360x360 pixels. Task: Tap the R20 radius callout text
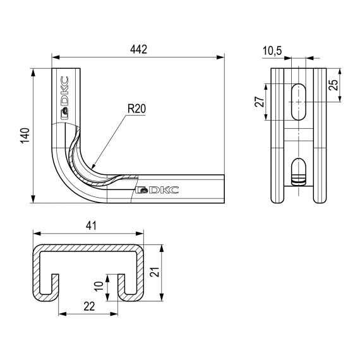point(136,109)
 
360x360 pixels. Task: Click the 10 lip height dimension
point(99,285)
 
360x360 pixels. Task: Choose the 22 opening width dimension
point(89,306)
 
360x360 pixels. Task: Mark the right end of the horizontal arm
point(222,189)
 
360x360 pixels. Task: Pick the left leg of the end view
point(278,177)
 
